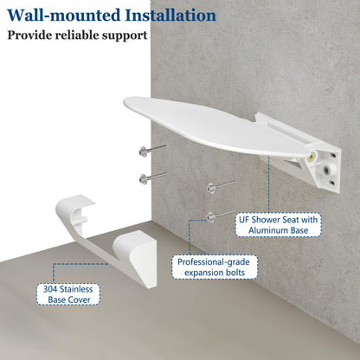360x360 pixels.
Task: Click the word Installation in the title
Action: pos(170,16)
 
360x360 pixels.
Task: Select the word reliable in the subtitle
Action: pos(76,35)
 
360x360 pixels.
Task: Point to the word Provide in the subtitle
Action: pos(29,35)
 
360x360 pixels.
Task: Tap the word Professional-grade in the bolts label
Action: pos(214,262)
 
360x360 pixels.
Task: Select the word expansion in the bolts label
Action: pos(203,273)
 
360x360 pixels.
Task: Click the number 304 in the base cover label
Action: pos(49,289)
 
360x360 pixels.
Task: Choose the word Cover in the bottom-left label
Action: pos(81,299)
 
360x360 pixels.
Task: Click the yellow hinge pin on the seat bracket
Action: pos(312,157)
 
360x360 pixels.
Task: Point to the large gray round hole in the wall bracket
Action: pos(326,170)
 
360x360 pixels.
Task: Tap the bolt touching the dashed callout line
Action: pos(221,215)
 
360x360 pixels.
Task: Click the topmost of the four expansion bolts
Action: pos(152,150)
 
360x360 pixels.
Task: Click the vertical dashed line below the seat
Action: pos(269,184)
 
